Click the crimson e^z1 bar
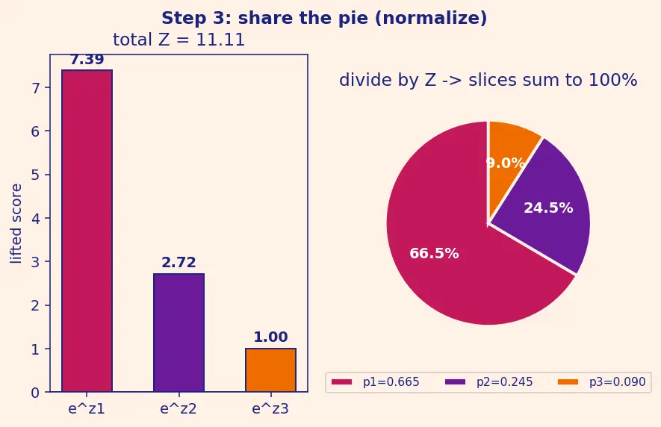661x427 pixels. point(87,231)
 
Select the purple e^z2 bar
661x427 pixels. point(179,333)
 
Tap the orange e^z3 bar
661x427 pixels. point(270,370)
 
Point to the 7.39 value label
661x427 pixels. point(87,60)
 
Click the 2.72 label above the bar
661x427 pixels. point(179,263)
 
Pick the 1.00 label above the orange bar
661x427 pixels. point(270,337)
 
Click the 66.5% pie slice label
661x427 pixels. point(434,253)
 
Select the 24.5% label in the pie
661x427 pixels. point(548,208)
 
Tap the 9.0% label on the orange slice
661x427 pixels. point(506,163)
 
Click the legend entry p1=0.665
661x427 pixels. point(375,382)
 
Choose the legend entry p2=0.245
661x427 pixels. point(489,382)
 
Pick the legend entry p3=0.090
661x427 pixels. point(602,382)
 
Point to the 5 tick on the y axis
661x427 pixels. point(35,175)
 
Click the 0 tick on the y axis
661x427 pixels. point(35,393)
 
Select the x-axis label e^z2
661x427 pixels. point(179,409)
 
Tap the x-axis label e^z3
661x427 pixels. point(270,409)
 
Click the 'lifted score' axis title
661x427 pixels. point(16,224)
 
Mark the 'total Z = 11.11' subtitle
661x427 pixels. point(179,40)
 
